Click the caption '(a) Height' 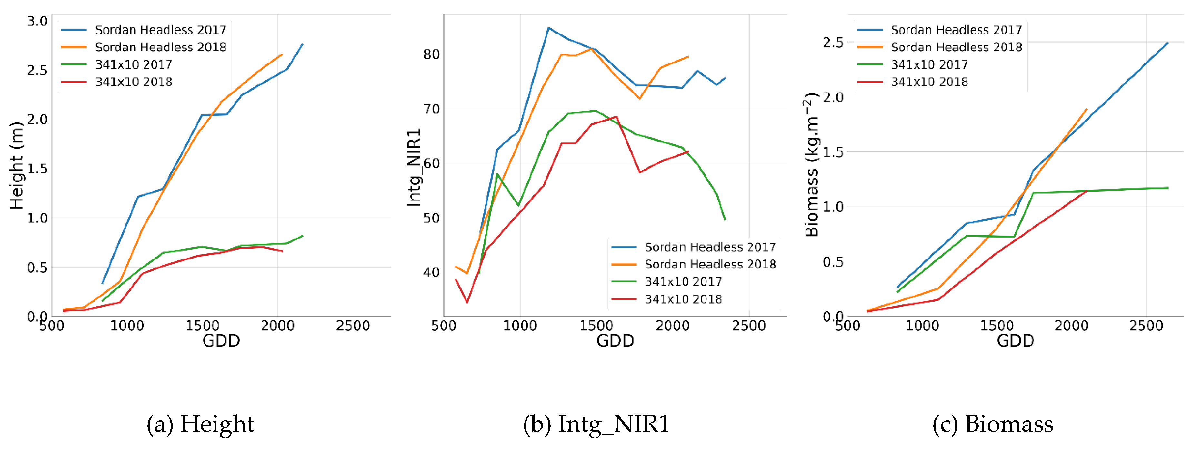click(200, 424)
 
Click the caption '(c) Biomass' click(993, 424)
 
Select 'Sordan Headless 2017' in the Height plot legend click(161, 30)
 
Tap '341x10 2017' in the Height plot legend click(134, 65)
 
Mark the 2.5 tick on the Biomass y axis click(833, 43)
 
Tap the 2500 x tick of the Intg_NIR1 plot click(748, 326)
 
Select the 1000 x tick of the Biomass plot click(922, 326)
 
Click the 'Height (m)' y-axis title click(16, 166)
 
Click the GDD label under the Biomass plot click(1015, 341)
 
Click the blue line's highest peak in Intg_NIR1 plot click(549, 28)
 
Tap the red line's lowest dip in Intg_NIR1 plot click(466, 302)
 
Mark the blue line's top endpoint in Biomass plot click(1167, 43)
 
